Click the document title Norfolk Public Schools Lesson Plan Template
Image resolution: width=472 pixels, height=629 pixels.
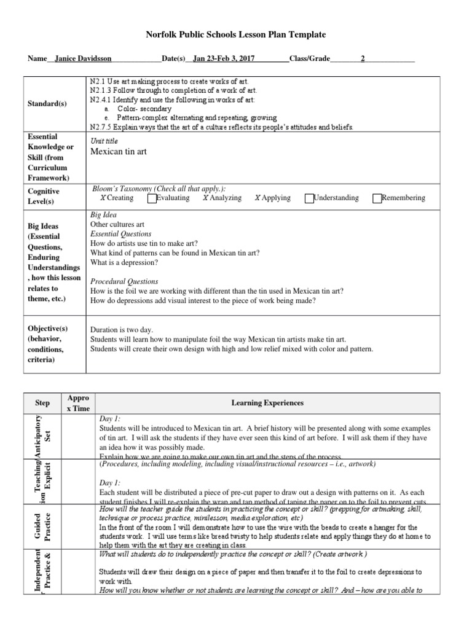click(235, 35)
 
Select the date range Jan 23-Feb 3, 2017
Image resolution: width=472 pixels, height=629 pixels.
click(224, 60)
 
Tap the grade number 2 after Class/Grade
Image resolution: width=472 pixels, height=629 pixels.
click(363, 60)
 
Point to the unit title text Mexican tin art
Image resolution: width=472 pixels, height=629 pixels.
click(119, 152)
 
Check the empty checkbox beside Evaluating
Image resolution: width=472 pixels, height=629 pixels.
click(152, 198)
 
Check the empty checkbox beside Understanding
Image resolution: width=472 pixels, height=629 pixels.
click(309, 198)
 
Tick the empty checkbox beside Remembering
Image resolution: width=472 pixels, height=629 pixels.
click(377, 198)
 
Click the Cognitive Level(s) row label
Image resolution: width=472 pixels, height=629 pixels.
click(44, 196)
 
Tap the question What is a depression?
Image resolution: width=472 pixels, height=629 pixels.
click(124, 262)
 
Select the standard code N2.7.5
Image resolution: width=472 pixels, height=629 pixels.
click(101, 127)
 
